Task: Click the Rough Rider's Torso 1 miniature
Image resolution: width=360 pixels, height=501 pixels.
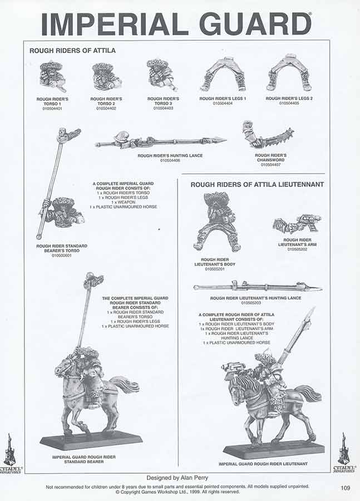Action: [52, 76]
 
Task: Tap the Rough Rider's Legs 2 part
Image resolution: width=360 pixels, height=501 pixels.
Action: [289, 72]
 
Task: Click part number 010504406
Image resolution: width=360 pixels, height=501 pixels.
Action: [170, 160]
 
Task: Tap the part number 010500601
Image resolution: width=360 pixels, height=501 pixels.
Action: [61, 256]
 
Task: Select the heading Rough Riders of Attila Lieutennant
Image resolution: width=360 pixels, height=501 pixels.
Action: [257, 184]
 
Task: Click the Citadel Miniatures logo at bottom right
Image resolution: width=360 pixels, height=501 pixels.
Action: [344, 452]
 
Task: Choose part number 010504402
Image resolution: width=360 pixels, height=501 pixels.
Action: [106, 108]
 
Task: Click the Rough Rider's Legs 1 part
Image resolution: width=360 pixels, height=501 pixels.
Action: [223, 73]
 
